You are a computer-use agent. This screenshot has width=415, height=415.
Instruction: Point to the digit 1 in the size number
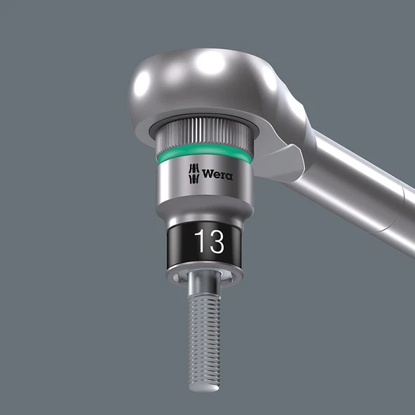pyautogui.click(x=199, y=242)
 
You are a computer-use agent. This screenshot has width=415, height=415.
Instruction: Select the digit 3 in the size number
pyautogui.click(x=215, y=242)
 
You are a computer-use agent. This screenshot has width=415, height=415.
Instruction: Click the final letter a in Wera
pyautogui.click(x=229, y=175)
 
